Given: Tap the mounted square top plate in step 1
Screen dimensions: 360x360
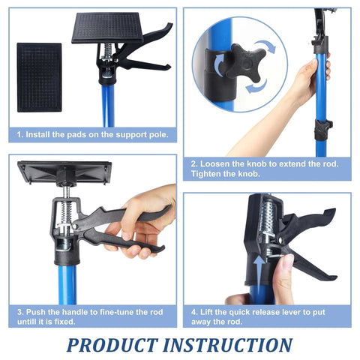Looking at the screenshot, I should pyautogui.click(x=106, y=28).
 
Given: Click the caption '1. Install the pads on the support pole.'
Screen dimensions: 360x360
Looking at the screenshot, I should pyautogui.click(x=94, y=136).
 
